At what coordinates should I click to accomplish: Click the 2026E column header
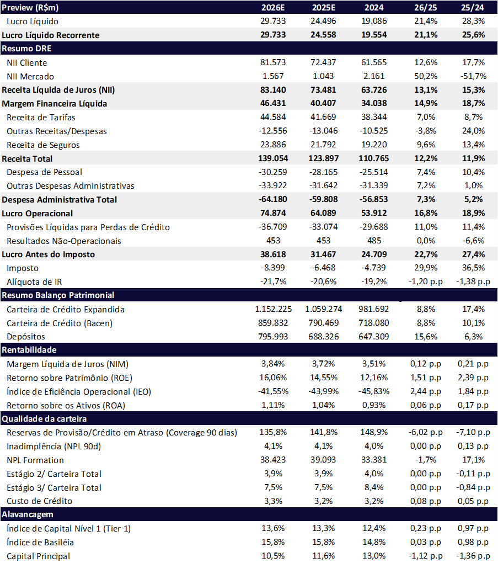(274, 7)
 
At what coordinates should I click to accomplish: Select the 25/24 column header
(473, 7)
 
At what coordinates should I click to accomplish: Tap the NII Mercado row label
(30, 76)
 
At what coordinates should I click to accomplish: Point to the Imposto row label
(23, 268)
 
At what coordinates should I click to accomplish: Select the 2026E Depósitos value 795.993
(274, 336)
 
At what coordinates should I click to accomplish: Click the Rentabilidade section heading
(29, 350)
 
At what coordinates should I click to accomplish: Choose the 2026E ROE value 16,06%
(274, 378)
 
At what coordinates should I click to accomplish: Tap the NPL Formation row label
(35, 460)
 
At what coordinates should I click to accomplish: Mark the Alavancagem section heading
(28, 514)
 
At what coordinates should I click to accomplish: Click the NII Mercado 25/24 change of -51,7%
(473, 76)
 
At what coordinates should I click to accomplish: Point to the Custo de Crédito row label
(39, 501)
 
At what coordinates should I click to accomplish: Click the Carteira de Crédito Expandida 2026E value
(274, 309)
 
